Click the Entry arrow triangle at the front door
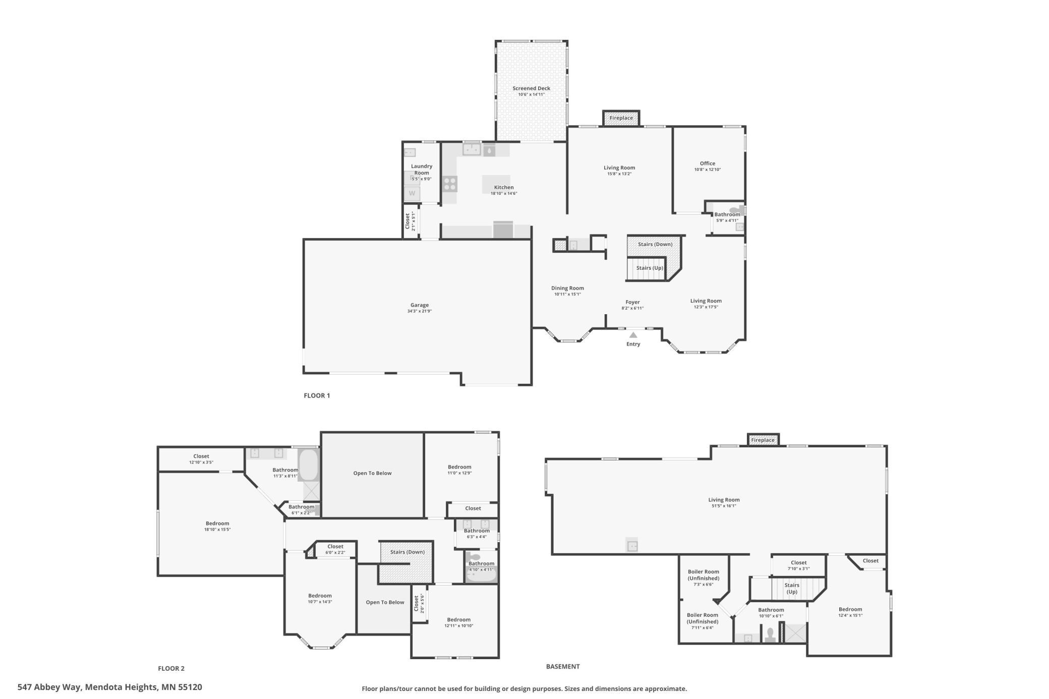(633, 335)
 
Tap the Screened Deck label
(532, 88)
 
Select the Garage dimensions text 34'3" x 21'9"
(420, 311)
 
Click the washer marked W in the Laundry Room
(412, 193)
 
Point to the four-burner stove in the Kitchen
(450, 184)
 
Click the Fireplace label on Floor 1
(621, 118)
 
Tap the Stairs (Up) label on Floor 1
(650, 268)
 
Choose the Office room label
(708, 163)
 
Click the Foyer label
(632, 302)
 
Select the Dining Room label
(567, 288)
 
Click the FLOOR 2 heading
(171, 668)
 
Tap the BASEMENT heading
(563, 666)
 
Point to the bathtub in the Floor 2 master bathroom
(309, 464)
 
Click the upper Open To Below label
(372, 473)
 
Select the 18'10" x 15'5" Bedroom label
(217, 523)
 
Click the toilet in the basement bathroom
(770, 634)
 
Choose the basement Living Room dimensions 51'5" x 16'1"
(724, 506)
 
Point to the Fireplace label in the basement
(763, 440)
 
